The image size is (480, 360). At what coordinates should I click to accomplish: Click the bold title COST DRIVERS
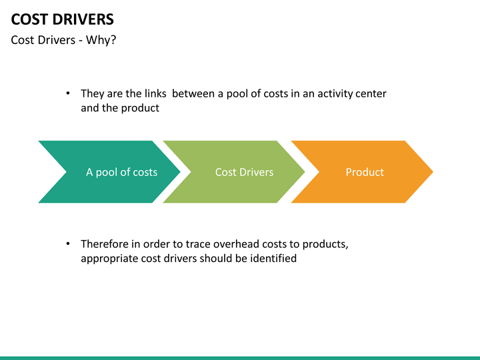click(63, 19)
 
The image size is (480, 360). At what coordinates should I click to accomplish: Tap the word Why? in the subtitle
click(101, 40)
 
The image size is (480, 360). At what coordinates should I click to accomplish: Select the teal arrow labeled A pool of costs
click(109, 172)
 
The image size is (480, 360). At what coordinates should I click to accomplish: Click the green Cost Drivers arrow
click(234, 172)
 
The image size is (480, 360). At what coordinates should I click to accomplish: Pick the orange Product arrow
click(362, 172)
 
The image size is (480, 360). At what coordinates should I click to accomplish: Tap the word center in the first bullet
click(371, 94)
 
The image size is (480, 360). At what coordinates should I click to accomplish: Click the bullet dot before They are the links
click(68, 93)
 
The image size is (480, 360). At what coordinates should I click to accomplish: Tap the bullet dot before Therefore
click(68, 244)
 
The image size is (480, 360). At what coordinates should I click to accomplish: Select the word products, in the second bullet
click(325, 245)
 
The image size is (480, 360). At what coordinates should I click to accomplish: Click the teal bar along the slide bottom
click(240, 358)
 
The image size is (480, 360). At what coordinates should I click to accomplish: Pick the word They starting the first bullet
click(93, 94)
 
